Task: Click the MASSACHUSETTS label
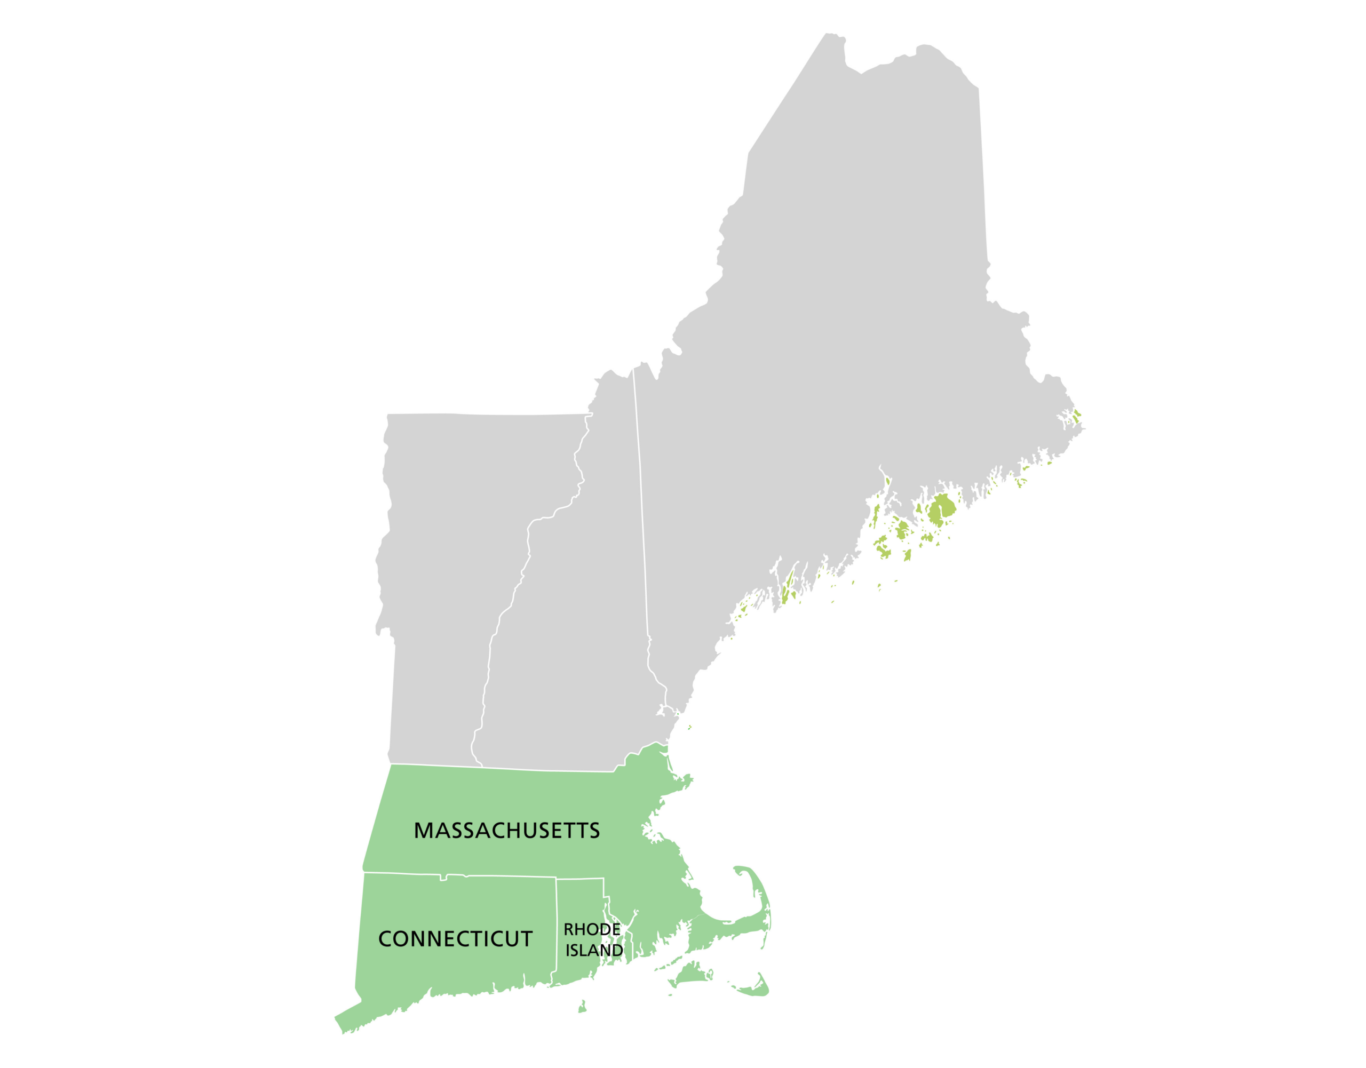(506, 831)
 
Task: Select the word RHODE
(592, 930)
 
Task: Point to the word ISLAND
(594, 951)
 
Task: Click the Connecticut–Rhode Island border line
(557, 926)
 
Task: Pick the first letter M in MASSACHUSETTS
(423, 831)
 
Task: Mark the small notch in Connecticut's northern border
(443, 878)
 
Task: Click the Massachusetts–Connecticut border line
(501, 876)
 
